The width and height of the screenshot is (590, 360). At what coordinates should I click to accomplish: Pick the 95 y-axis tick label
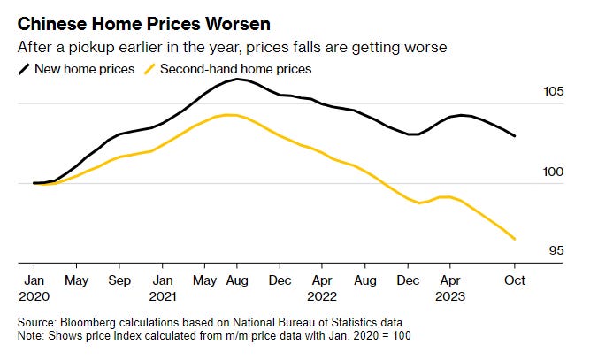tap(555, 251)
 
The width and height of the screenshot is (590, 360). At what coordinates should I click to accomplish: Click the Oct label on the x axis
tap(515, 280)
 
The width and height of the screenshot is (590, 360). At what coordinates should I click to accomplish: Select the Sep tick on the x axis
tap(119, 280)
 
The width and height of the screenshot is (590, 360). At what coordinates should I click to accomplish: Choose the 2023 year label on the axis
tap(452, 296)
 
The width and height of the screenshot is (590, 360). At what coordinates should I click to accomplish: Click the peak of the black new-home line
tap(236, 80)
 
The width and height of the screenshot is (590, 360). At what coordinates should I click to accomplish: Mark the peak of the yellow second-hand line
tap(229, 114)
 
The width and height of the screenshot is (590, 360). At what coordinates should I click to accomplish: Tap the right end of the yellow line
tap(515, 239)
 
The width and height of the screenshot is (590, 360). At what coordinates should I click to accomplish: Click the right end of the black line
tap(515, 136)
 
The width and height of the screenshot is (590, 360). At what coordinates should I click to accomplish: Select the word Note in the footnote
tap(30, 336)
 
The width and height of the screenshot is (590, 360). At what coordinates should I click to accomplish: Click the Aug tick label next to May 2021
tap(236, 280)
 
